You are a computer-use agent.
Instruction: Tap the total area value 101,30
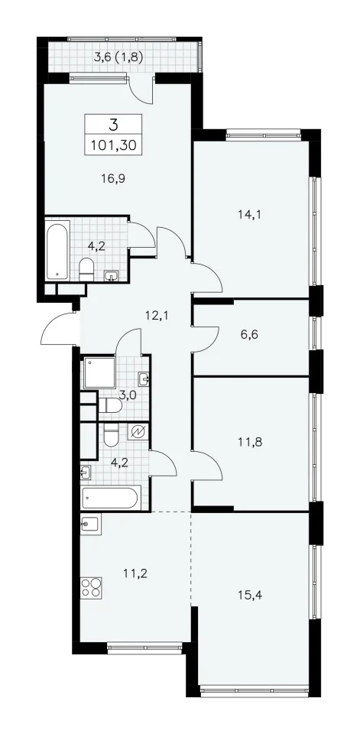click(x=114, y=145)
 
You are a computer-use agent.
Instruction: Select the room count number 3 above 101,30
click(x=113, y=125)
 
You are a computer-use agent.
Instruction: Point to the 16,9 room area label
click(x=114, y=177)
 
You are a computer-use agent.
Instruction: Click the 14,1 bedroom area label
click(x=252, y=215)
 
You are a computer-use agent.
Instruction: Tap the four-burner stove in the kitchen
click(x=91, y=587)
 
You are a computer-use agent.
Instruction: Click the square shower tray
click(x=99, y=373)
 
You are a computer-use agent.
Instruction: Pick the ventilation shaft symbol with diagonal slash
click(x=138, y=431)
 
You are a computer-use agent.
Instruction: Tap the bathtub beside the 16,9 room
click(x=57, y=252)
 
